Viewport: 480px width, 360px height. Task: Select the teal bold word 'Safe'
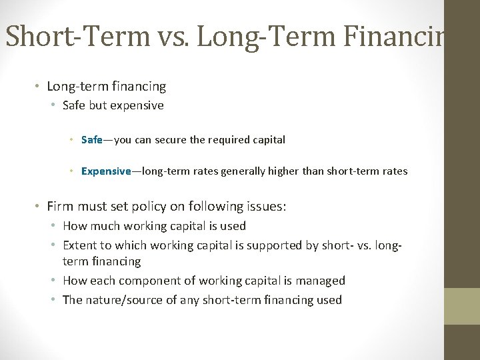click(91, 140)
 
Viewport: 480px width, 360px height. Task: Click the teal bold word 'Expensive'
click(105, 171)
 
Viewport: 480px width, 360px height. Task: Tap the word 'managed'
click(323, 281)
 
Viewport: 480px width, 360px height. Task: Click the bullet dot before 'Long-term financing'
click(39, 87)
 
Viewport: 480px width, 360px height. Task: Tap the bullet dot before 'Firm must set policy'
click(39, 207)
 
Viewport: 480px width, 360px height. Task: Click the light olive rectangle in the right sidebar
click(462, 306)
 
